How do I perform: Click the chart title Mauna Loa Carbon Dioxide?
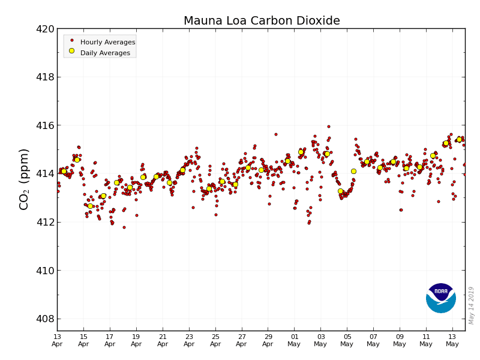click(x=262, y=21)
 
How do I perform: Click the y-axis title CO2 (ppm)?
click(x=25, y=179)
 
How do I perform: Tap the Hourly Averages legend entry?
click(x=107, y=42)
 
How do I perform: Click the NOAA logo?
click(x=441, y=298)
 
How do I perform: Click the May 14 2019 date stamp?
click(x=472, y=305)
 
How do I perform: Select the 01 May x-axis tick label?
click(x=295, y=340)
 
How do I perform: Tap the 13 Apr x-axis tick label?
click(x=57, y=340)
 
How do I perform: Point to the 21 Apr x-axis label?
click(x=163, y=340)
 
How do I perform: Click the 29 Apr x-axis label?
click(x=268, y=340)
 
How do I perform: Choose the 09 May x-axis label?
click(x=400, y=340)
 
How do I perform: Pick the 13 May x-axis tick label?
click(x=452, y=340)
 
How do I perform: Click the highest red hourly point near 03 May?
click(x=328, y=127)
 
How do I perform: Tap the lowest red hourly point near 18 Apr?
click(x=124, y=227)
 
